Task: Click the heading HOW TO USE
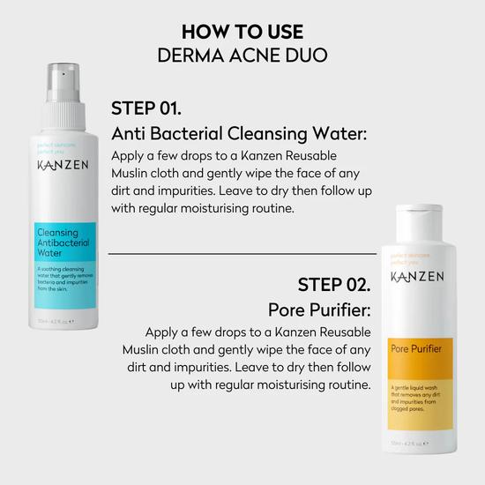click(242, 31)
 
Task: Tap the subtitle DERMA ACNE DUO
click(242, 55)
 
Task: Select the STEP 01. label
click(146, 109)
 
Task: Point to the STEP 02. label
click(333, 285)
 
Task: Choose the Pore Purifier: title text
click(319, 310)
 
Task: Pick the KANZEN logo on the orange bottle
click(416, 276)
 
